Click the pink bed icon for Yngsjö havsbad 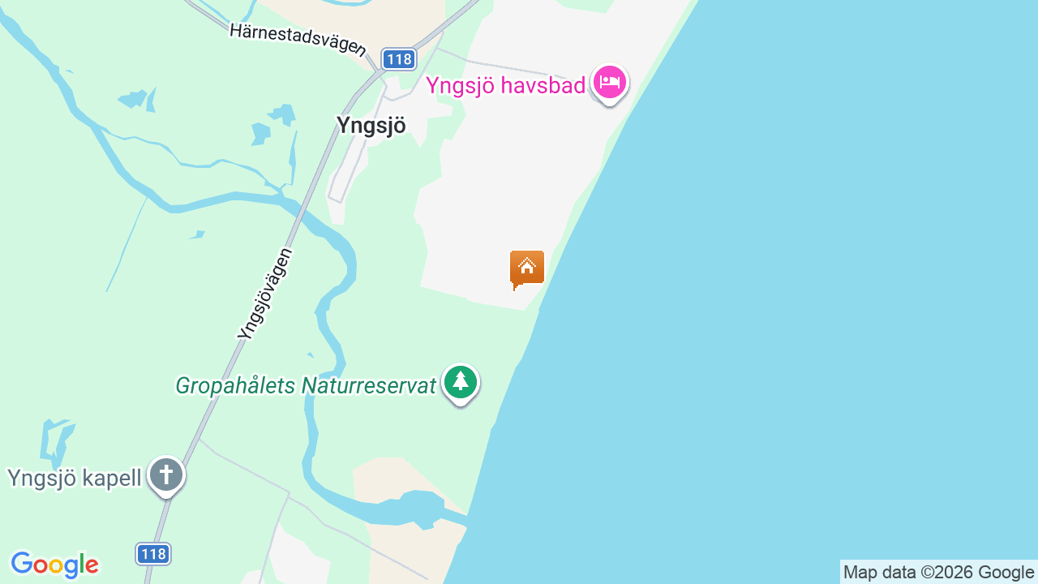coord(610,82)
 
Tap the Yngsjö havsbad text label coord(506,84)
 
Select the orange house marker coord(527,268)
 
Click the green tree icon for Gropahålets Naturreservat coord(461,382)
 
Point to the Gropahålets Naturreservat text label coord(306,385)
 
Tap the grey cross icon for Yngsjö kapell coord(166,474)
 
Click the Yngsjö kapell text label coord(74,478)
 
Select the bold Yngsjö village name coord(371,125)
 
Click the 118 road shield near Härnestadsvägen coord(399,59)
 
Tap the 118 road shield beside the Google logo coord(152,554)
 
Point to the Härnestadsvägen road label coord(298,38)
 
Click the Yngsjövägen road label coord(265,294)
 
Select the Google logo coord(54,565)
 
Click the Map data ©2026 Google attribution coord(938,573)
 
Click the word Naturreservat coord(369,385)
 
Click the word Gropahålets coord(236,385)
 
